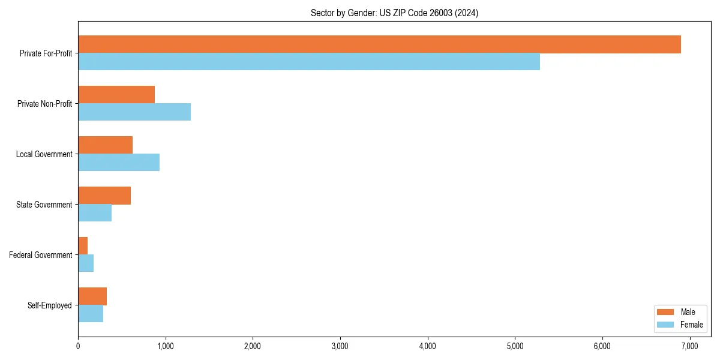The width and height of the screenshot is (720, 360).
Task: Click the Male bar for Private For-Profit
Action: [x=379, y=44]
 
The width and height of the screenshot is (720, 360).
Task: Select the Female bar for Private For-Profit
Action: [x=309, y=62]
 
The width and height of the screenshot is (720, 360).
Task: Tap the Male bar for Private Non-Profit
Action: [x=116, y=95]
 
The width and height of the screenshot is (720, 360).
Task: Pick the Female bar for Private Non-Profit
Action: [x=134, y=112]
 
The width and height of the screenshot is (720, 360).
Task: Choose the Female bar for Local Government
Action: [x=119, y=163]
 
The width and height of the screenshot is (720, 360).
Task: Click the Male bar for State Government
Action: [x=104, y=196]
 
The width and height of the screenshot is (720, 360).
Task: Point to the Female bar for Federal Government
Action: [x=86, y=263]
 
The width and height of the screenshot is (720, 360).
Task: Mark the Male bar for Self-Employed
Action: [x=92, y=296]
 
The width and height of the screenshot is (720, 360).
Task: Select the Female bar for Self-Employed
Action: [x=91, y=314]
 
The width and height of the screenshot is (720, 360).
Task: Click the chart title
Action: [x=394, y=13]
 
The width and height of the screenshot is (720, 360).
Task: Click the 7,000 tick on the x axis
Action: [x=689, y=346]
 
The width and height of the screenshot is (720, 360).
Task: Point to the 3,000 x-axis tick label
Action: [x=340, y=346]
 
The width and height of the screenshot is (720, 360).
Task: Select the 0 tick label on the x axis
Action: [x=78, y=346]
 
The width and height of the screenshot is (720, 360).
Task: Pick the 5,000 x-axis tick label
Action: [x=515, y=346]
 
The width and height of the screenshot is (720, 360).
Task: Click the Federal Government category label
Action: [x=41, y=255]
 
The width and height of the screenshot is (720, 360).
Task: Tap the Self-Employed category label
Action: [x=50, y=305]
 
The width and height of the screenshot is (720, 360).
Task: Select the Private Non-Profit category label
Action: [x=45, y=104]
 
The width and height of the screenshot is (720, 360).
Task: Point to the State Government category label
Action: [x=44, y=205]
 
